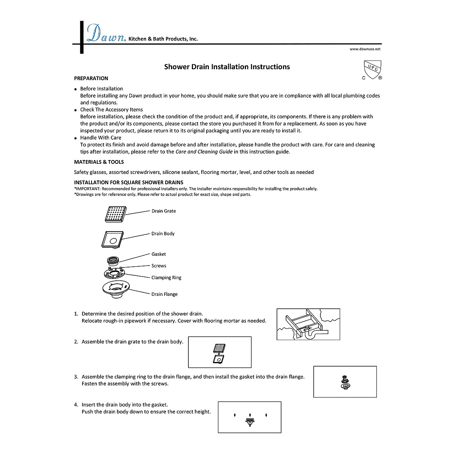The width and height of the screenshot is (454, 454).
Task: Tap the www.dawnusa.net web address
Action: click(x=365, y=49)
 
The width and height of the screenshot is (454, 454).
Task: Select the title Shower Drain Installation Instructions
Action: click(x=227, y=67)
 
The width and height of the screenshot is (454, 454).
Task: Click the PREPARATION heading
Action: click(x=91, y=78)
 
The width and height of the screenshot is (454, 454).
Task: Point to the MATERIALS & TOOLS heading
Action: click(x=99, y=162)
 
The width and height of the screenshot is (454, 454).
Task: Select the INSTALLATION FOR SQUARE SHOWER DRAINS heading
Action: click(x=129, y=182)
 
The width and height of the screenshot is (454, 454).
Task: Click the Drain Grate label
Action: click(x=163, y=211)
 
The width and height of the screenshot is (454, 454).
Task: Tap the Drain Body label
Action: click(x=163, y=234)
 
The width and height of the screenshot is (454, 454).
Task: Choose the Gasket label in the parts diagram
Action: click(x=159, y=254)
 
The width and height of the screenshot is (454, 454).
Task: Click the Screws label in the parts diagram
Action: click(x=159, y=266)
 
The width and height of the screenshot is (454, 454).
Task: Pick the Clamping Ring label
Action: click(x=166, y=278)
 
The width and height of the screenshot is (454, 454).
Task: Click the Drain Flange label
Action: click(x=165, y=294)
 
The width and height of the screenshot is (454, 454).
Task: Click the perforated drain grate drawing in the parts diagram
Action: click(x=116, y=214)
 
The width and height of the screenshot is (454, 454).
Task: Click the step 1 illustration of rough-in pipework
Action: click(x=308, y=324)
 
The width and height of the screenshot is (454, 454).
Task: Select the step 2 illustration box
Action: click(x=220, y=352)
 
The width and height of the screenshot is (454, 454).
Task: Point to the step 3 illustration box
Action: click(x=345, y=382)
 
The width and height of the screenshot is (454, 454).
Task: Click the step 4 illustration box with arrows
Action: click(x=250, y=417)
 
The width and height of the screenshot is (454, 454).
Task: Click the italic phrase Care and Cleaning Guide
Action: click(x=204, y=152)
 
